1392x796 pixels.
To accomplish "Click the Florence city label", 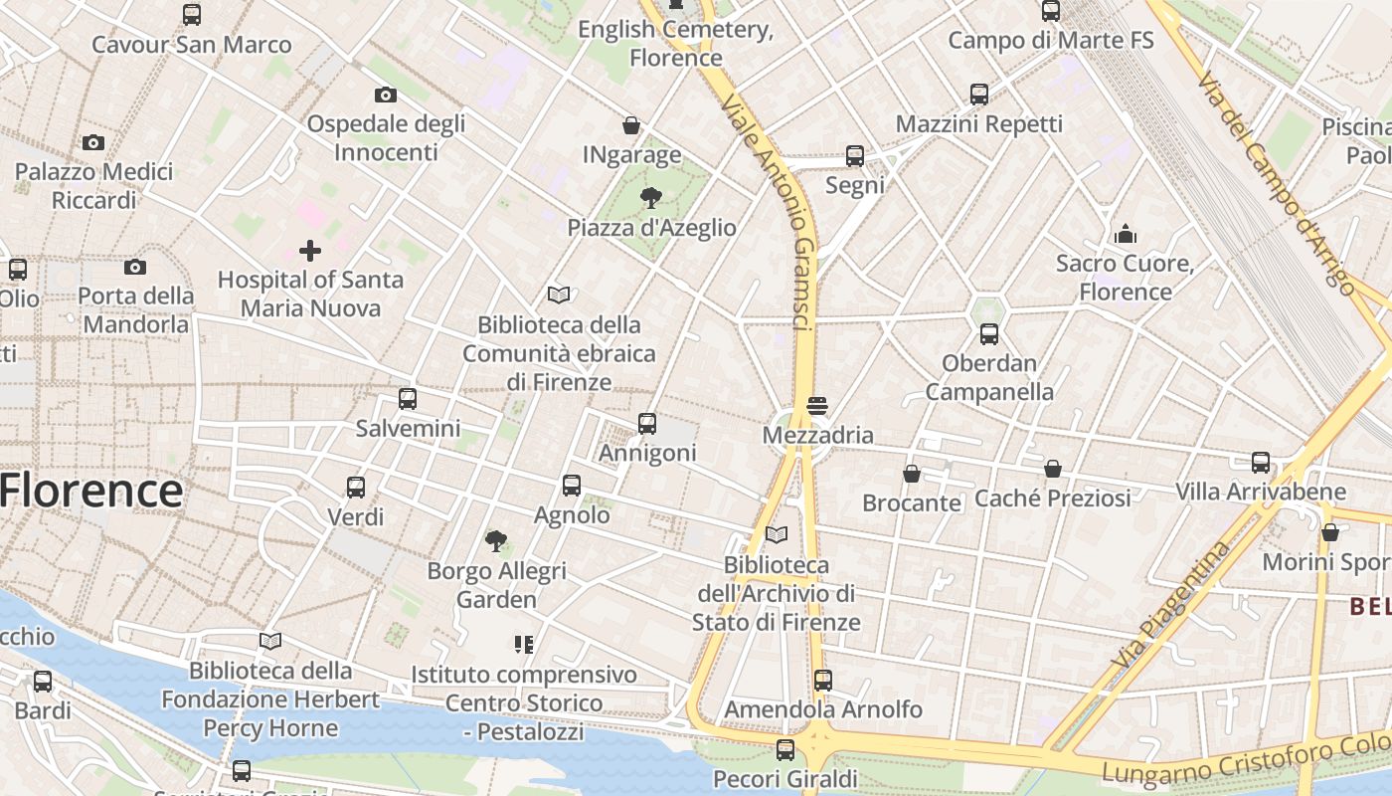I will [91, 492].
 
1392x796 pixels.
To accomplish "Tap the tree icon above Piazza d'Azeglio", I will [651, 197].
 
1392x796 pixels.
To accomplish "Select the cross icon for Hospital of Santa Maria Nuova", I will [310, 250].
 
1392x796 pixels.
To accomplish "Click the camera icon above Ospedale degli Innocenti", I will [386, 95].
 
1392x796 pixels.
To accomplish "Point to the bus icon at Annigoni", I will [647, 424].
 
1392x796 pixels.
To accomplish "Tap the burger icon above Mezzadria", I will [817, 406].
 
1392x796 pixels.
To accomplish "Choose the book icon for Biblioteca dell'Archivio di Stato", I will [777, 535].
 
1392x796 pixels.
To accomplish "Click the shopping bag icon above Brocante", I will [912, 473].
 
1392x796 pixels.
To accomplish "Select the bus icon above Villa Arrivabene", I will [1261, 463].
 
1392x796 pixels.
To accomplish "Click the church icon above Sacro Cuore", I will [1126, 234].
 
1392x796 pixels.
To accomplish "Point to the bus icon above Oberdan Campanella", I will [988, 334].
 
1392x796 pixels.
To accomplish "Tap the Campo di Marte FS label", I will [1051, 41].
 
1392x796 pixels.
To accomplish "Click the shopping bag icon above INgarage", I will [631, 125].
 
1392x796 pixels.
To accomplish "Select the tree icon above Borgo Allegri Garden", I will [495, 541].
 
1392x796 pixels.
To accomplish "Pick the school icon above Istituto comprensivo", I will [524, 645].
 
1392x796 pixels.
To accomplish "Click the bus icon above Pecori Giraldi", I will [785, 749].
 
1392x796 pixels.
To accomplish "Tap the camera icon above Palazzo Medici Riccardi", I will [93, 142].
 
